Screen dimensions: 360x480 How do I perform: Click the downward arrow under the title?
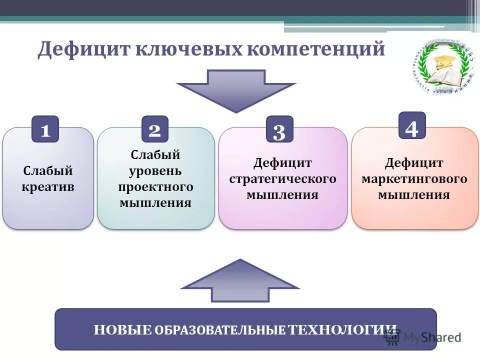point(236,90)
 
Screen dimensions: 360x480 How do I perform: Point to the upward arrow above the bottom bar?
point(240,280)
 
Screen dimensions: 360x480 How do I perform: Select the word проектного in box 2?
point(155,187)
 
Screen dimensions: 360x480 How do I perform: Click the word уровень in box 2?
point(155,171)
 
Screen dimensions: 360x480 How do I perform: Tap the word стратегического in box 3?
point(282,178)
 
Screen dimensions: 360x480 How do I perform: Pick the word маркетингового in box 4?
point(414,178)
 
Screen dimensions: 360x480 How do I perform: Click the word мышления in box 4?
point(414,194)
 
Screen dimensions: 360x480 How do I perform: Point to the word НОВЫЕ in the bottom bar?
point(122,329)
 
